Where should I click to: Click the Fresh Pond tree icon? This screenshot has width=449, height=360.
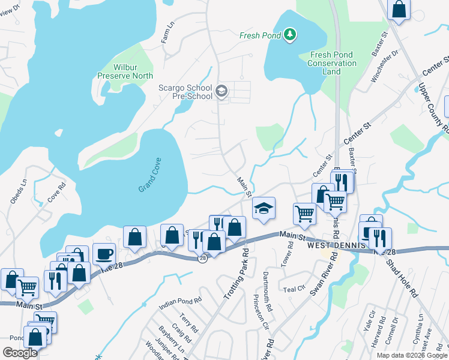pos(290,35)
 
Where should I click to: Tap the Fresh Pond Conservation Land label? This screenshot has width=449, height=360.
pos(331,63)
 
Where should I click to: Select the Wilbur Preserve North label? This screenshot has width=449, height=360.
pos(125,72)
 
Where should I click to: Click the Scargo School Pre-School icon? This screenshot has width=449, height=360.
pos(221,91)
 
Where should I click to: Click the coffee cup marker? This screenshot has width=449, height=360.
pos(104,254)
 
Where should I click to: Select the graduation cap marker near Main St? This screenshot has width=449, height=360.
pos(264,208)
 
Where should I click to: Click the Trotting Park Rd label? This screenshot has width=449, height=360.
pos(235,266)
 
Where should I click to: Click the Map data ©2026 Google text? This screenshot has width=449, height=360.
pos(411,355)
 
